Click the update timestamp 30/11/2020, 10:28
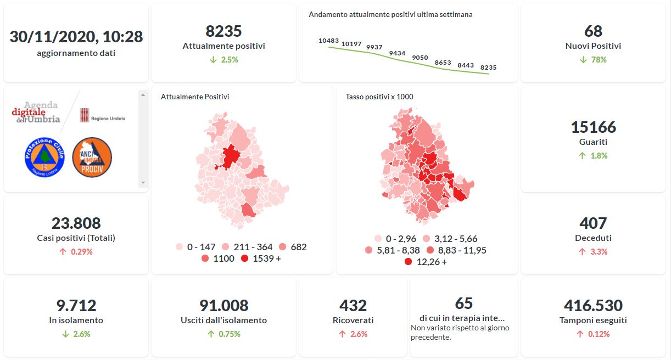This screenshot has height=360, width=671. coord(76,37)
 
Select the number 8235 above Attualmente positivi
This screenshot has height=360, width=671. coord(223,31)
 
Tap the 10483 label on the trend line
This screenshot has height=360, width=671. coord(328,41)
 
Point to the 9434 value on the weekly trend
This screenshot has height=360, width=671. coord(397,53)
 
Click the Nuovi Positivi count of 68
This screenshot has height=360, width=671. coord(593,31)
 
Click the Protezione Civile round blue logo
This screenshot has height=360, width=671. coord(45,157)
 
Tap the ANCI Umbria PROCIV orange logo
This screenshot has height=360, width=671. coord(92,157)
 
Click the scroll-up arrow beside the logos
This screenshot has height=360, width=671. coord(143,95)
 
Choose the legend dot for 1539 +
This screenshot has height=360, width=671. coord(244,258)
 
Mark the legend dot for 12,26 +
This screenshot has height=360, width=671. coord(408,262)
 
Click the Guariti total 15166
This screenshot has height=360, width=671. coord(593,127)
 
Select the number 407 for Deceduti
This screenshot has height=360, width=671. coord(593,223)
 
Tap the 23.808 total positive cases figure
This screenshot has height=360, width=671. coord(76,223)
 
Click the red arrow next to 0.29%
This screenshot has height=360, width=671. coord(63,252)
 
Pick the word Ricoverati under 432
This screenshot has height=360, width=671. coord(353,320)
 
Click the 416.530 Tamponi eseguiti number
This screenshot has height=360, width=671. coord(593,306)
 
